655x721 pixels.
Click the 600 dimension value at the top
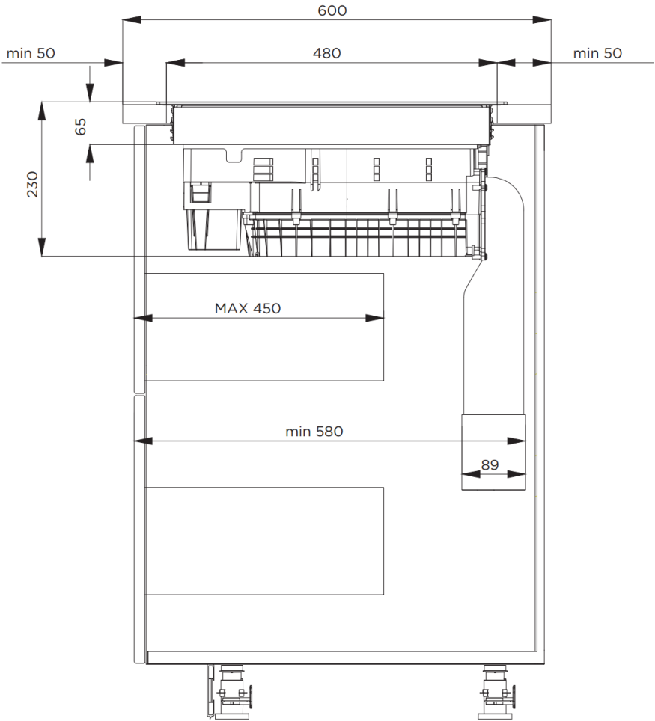pos(332,10)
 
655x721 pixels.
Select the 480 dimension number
pos(326,53)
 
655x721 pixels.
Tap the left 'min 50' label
pos(31,53)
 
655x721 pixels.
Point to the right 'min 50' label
pos(597,53)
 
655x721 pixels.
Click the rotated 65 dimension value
pos(80,126)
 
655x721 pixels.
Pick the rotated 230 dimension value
pos(32,184)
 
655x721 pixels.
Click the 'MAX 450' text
pos(248,308)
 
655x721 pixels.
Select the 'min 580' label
pos(314,432)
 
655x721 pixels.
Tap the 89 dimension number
pos(490,465)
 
